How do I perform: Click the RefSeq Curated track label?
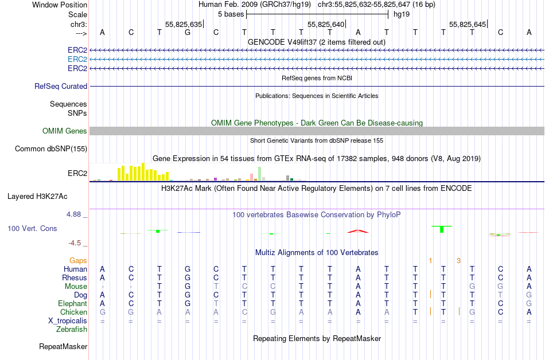(x=61, y=86)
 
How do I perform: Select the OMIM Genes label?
(x=65, y=131)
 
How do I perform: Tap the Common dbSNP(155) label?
(x=52, y=149)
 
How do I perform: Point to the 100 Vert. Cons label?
(x=32, y=228)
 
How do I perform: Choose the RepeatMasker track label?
(x=63, y=346)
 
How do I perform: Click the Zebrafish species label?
(x=72, y=329)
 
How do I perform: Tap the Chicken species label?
(x=72, y=312)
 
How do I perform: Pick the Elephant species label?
(x=72, y=303)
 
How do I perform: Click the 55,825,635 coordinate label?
(x=184, y=24)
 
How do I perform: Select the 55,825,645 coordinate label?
(x=468, y=24)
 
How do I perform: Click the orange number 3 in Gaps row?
(x=458, y=261)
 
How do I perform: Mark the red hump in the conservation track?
(x=357, y=231)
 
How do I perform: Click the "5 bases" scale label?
(x=231, y=13)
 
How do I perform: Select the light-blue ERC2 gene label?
(x=77, y=59)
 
